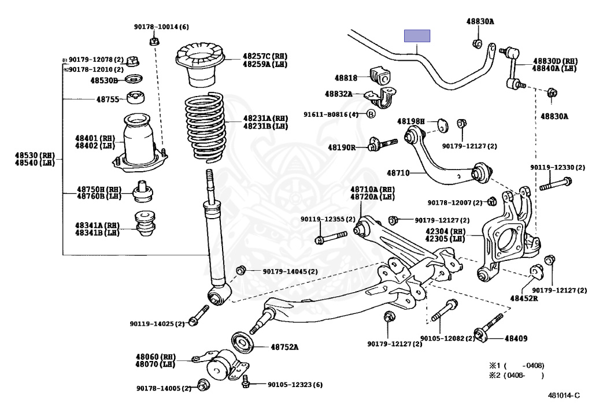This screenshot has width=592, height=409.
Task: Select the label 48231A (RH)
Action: point(265,119)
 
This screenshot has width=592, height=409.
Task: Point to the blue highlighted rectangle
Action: point(417,36)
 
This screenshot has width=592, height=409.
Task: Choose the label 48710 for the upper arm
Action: point(398,173)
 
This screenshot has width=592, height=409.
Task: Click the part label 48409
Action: point(516,338)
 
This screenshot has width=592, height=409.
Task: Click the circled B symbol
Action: point(371,114)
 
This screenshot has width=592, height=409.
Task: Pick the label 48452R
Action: point(524,299)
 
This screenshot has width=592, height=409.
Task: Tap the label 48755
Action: point(108,99)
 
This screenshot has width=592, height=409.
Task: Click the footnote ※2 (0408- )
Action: point(517,375)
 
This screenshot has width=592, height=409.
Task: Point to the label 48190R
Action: point(342,148)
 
